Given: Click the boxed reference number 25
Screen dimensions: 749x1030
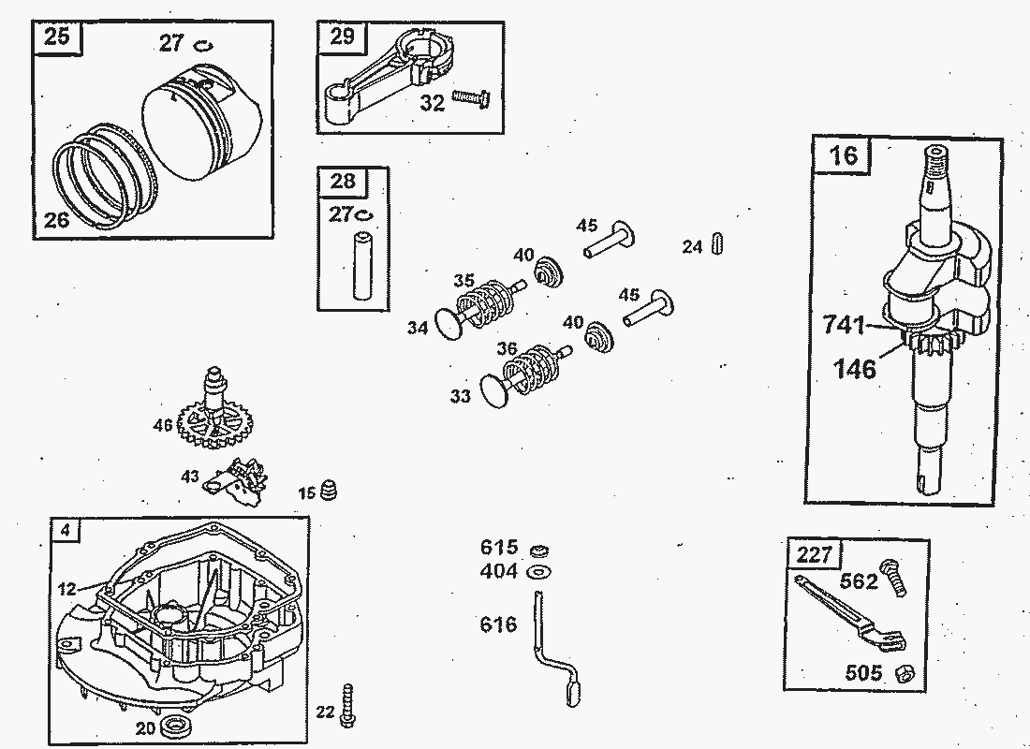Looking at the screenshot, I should click(x=57, y=39).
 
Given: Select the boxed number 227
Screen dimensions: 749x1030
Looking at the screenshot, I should click(x=814, y=555).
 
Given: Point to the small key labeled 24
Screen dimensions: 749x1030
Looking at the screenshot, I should click(x=717, y=242).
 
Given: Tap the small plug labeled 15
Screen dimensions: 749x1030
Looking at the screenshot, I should click(x=329, y=490).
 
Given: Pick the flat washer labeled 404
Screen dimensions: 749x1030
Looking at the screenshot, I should click(x=538, y=570).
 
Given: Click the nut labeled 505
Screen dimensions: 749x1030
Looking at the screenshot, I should click(x=903, y=671).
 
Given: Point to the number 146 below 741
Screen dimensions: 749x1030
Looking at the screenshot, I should click(x=856, y=369).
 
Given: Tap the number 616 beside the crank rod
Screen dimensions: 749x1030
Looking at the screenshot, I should click(x=498, y=624).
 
